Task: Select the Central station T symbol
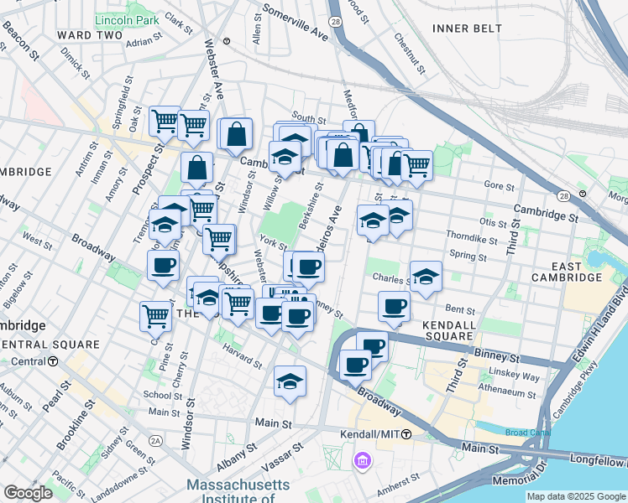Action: (x=53, y=361)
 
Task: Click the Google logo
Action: (x=29, y=492)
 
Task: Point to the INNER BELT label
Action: (x=466, y=29)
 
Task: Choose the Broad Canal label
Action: (x=526, y=433)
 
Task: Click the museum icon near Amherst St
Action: (x=363, y=460)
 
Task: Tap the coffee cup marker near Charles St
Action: (x=393, y=306)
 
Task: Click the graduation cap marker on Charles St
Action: (x=427, y=277)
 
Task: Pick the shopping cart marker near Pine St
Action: (x=156, y=314)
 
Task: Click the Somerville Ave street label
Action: (x=295, y=23)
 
